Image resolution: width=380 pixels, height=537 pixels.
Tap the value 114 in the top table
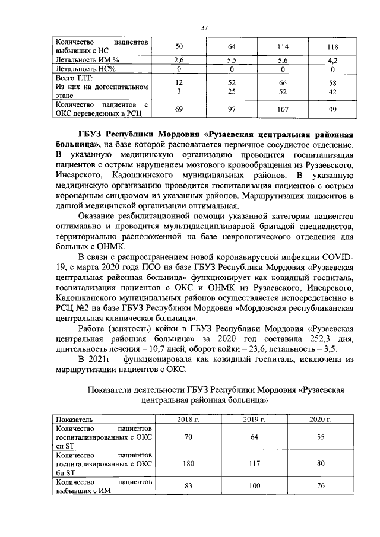coord(283,47)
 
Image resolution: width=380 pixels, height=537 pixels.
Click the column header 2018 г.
coord(188,420)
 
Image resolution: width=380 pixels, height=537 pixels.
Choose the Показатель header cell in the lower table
coord(71,420)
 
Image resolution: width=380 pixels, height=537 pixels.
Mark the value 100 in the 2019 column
coord(254,487)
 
